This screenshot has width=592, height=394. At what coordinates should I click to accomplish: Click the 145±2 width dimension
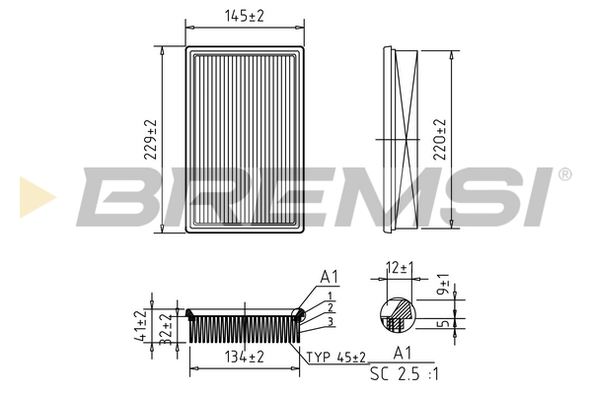pos(245,16)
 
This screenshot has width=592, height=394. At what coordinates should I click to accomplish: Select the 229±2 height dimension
pos(150,140)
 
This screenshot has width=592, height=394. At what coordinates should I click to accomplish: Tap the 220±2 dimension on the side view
pos(439,140)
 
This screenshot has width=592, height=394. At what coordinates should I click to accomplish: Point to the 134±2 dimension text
pos(245,357)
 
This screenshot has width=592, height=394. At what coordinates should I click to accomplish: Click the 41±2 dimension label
pos(140,326)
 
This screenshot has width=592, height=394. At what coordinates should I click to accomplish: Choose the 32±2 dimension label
pos(166,329)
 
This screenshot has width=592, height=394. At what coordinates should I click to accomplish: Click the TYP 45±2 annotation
pos(335,357)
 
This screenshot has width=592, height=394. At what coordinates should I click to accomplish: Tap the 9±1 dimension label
pos(444,285)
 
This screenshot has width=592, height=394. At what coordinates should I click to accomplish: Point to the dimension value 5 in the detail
pos(444,323)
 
